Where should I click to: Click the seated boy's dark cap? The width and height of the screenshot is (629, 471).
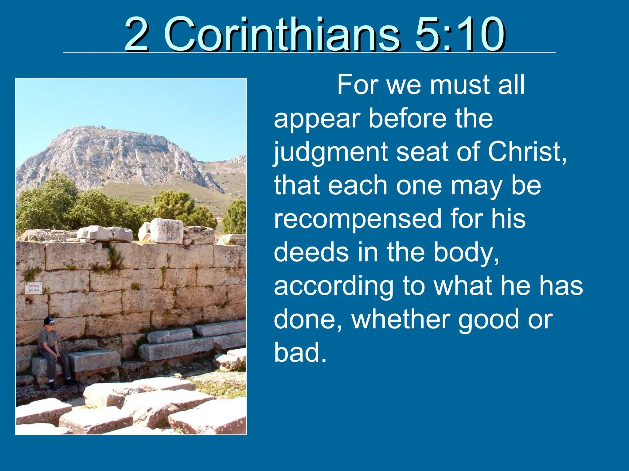49,321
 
